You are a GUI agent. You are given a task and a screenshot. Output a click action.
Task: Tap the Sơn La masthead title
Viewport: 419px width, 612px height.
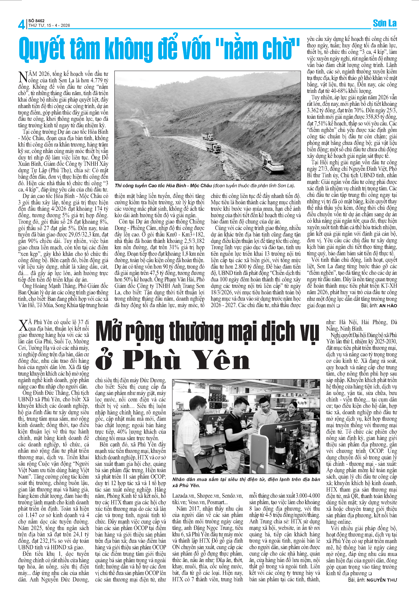385,23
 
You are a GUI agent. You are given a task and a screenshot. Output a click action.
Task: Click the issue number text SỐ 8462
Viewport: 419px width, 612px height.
36,21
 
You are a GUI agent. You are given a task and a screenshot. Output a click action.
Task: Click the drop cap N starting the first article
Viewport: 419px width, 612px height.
23,77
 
